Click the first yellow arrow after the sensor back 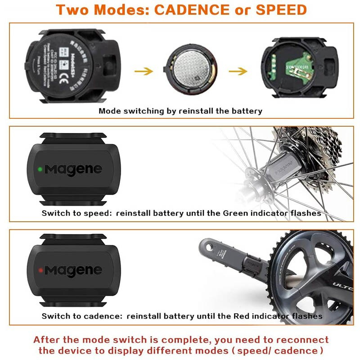(144, 71)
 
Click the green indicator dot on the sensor (40, 170)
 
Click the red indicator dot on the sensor (40, 270)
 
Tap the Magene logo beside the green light (73, 170)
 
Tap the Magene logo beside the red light (73, 271)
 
